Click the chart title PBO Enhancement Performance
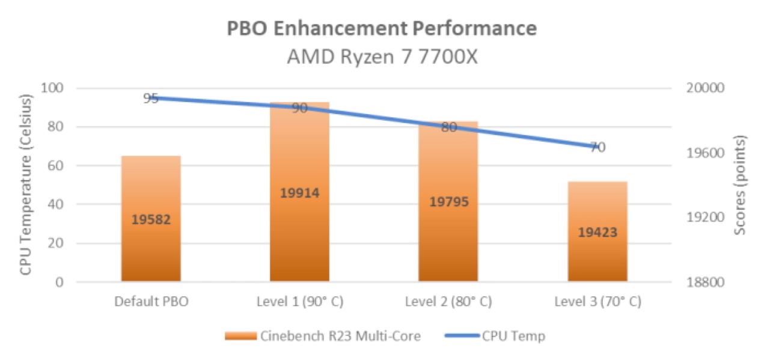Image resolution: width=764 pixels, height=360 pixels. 381,28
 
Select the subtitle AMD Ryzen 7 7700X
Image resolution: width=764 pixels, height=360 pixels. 381,57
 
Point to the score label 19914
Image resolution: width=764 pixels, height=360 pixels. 299,193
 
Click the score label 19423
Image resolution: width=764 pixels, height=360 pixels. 597,232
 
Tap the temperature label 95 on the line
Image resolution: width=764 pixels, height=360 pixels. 151,98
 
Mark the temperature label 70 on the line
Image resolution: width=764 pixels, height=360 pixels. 597,147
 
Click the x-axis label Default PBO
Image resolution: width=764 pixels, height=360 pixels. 151,301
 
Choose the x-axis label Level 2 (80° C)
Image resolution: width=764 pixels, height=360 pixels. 448,301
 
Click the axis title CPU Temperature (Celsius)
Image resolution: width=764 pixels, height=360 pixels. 26,185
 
